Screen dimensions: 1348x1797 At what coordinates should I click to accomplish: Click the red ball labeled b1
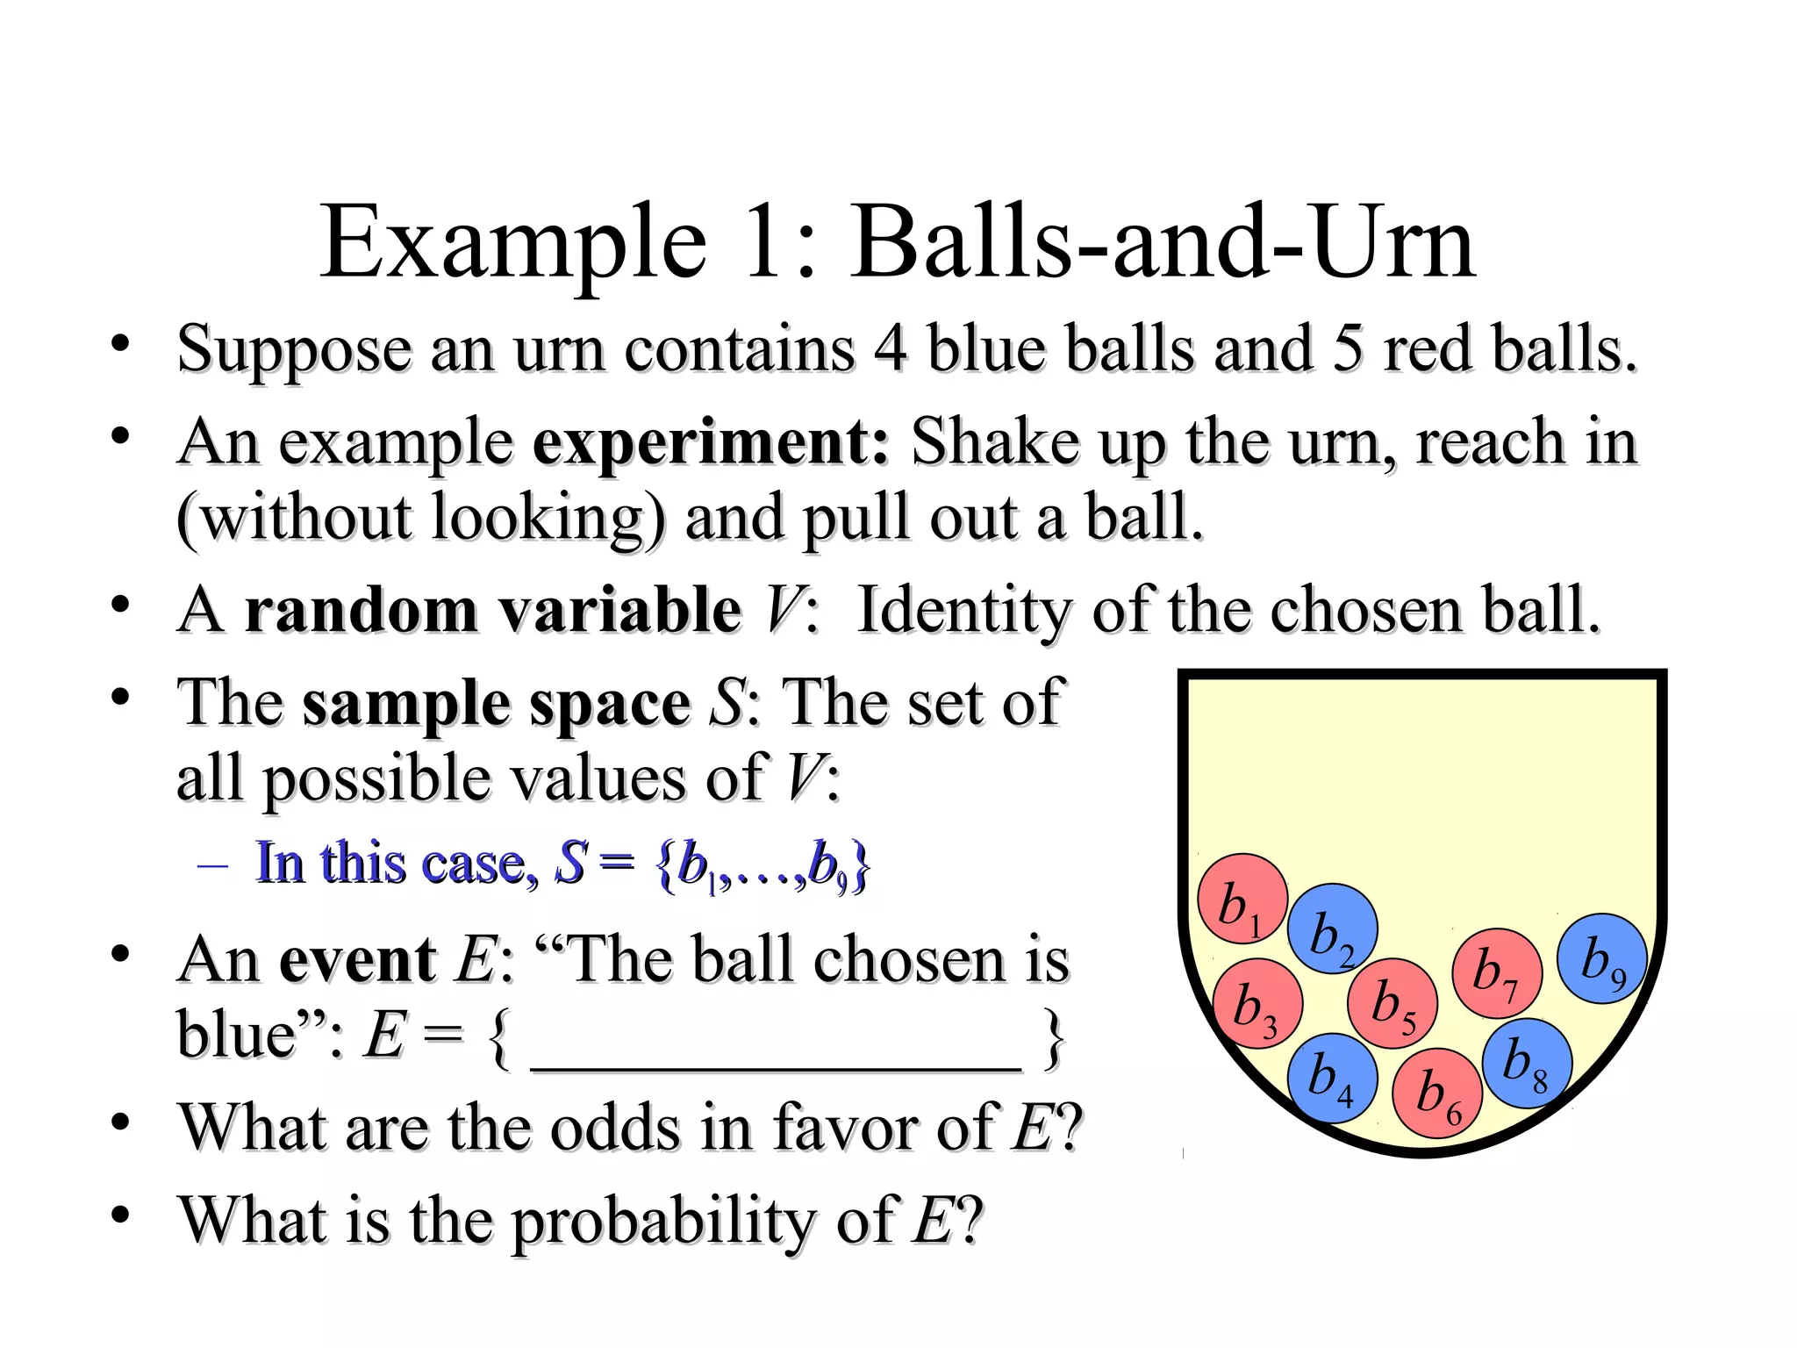click(x=1242, y=898)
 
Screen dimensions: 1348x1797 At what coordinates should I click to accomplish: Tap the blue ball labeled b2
click(x=1332, y=929)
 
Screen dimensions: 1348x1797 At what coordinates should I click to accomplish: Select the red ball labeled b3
click(x=1256, y=1003)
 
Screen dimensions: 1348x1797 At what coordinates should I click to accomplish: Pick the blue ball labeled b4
click(x=1332, y=1078)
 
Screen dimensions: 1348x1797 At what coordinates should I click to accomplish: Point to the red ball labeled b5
click(x=1392, y=1003)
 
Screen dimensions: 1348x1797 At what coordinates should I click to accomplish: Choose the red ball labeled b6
click(x=1437, y=1093)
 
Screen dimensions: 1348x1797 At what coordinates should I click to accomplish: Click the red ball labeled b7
click(x=1497, y=973)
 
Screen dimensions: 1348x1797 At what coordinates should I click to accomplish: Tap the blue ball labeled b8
click(x=1527, y=1063)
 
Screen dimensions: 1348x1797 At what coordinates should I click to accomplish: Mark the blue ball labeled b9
click(x=1602, y=958)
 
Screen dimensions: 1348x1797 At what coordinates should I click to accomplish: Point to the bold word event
click(x=357, y=959)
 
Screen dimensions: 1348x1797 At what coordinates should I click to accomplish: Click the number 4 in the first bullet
click(x=890, y=348)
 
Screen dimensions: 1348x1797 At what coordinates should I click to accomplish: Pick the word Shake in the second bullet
click(x=995, y=441)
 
